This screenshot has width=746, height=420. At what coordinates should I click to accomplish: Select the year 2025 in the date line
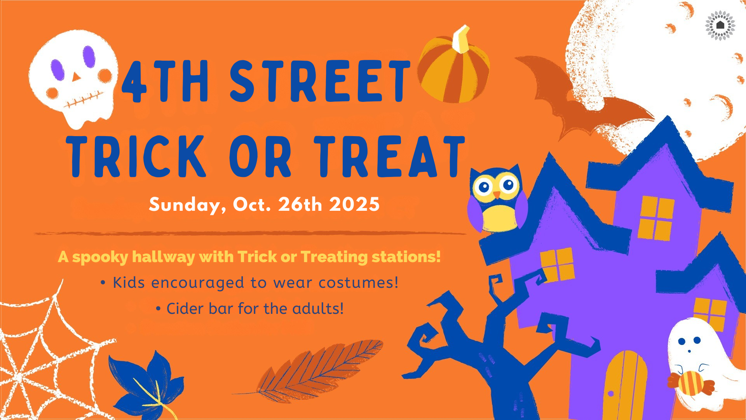click(354, 204)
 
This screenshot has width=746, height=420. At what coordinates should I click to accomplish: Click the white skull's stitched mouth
click(84, 100)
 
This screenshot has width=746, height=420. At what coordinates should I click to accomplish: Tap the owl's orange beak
click(497, 194)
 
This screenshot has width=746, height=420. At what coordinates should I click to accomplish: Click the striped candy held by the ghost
click(691, 383)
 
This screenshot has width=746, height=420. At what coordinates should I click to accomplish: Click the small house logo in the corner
click(720, 25)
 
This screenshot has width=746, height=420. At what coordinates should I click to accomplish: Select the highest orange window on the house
click(656, 218)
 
